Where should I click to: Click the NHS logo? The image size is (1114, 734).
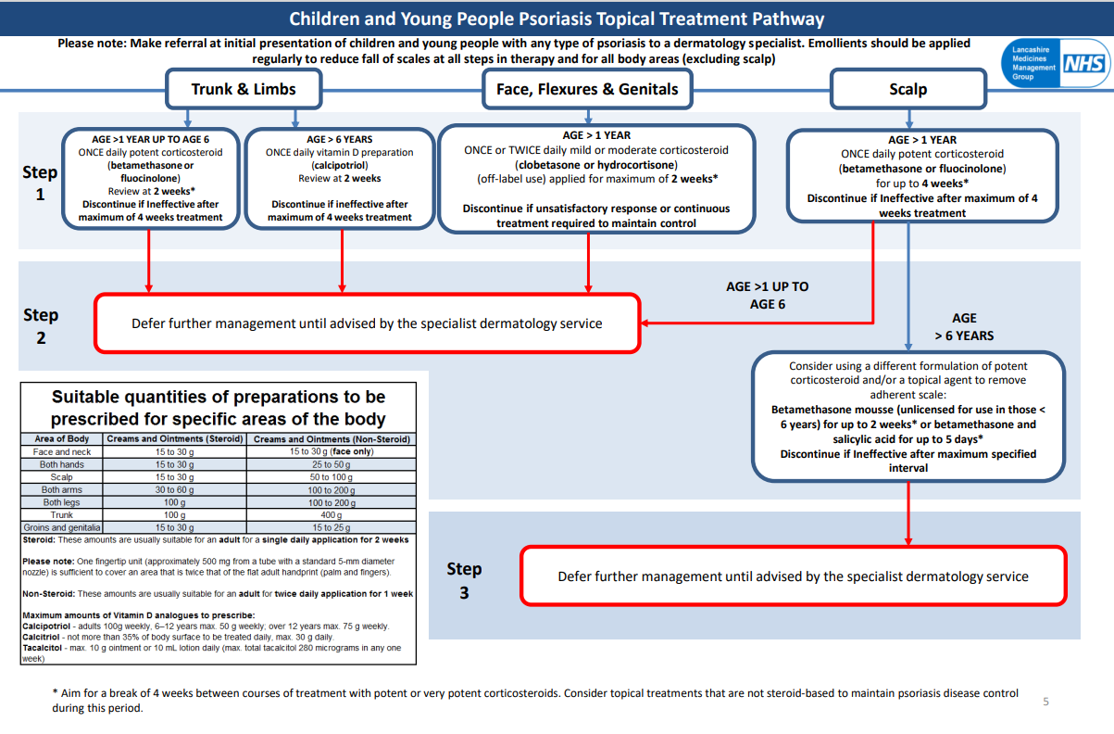1083,64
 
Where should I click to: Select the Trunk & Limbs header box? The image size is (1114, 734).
244,90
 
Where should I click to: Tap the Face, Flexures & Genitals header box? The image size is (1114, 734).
587,90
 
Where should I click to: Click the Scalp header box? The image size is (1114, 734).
907,90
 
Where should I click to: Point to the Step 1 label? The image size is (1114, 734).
40,183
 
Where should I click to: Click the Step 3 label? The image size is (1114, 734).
464,580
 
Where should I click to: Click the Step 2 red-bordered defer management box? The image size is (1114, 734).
367,323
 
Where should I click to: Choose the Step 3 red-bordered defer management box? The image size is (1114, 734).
793,576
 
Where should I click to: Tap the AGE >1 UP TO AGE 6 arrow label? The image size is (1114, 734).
767,296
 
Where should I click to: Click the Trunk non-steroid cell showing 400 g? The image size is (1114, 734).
332,514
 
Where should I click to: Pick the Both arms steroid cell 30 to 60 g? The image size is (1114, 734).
175,489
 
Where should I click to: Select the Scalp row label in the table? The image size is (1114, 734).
62,476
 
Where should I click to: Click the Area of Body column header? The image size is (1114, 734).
62,439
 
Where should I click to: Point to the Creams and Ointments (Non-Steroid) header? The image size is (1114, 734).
332,439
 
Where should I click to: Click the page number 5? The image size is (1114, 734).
1046,702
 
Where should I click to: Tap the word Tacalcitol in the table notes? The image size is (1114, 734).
43,648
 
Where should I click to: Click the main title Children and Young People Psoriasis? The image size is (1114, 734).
556,19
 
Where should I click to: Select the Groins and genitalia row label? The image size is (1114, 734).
62,527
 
